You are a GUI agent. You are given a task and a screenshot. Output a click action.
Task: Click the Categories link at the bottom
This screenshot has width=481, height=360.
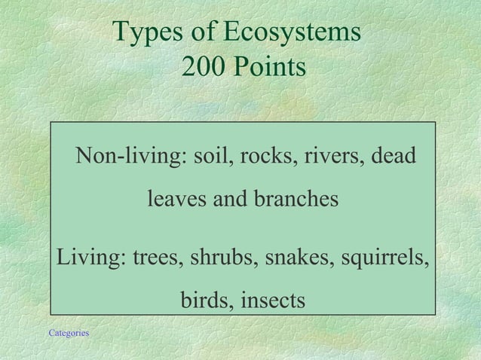pos(69,333)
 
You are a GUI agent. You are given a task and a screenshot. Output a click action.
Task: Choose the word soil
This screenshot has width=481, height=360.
pos(215,157)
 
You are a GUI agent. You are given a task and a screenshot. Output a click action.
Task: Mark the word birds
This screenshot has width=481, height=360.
pos(207,301)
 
